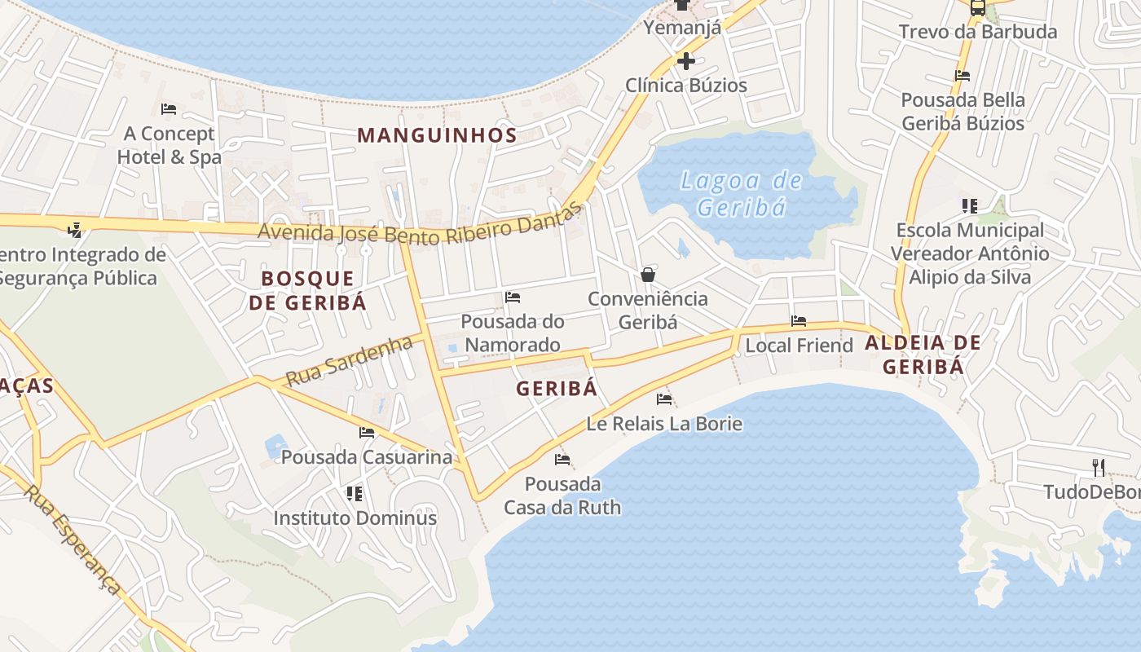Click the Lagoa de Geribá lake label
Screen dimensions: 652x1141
tap(741, 193)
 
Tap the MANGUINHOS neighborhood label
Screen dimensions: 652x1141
tap(437, 135)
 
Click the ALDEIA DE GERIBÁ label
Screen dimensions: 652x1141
tap(923, 355)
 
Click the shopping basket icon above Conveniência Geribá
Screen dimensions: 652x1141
tap(648, 275)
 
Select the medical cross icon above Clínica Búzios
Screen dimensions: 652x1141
tap(685, 61)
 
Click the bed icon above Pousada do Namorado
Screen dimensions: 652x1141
tap(513, 297)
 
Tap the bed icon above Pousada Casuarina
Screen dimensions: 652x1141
tap(367, 433)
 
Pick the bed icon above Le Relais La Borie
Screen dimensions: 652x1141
tap(664, 399)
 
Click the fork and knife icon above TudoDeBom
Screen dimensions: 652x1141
tap(1099, 467)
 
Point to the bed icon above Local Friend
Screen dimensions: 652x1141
tap(799, 321)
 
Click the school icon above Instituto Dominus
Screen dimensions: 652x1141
tap(354, 493)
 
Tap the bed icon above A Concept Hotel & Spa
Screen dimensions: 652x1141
tap(169, 108)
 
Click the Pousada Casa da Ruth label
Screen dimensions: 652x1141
tap(562, 496)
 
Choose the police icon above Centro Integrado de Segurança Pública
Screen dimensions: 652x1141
tap(75, 230)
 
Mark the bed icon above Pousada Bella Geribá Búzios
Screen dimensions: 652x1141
tap(963, 76)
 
